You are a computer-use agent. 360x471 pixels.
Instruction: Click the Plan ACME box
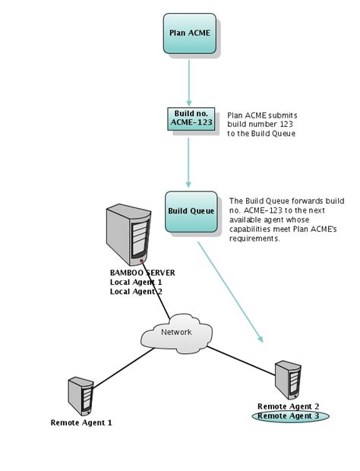(x=189, y=33)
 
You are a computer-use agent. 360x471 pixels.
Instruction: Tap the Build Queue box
(x=190, y=210)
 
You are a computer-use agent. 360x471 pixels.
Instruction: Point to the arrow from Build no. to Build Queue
(x=188, y=160)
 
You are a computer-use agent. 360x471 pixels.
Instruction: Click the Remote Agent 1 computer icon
(x=80, y=396)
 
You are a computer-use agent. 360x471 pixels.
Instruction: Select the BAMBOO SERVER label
(x=143, y=273)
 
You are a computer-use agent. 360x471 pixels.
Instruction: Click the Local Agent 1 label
(x=136, y=282)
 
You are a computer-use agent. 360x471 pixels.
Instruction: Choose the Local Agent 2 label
(x=136, y=291)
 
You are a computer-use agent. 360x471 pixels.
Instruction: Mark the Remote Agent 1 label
(x=81, y=422)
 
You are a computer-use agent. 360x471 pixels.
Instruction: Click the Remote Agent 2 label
(x=288, y=406)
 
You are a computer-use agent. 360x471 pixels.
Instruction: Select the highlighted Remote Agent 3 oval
(x=288, y=416)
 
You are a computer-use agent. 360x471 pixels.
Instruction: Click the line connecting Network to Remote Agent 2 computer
(x=242, y=357)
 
